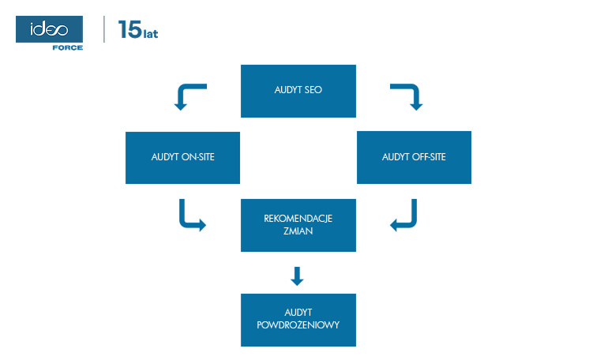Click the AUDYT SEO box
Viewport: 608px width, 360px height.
click(x=298, y=91)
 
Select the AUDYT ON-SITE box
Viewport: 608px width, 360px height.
click(x=182, y=157)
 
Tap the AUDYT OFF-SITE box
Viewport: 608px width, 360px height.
click(x=414, y=157)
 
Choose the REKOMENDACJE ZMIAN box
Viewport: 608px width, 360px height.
click(x=298, y=225)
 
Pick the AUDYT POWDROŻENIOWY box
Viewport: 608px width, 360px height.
click(x=298, y=320)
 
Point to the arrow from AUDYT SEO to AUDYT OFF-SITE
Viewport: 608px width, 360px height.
click(x=410, y=95)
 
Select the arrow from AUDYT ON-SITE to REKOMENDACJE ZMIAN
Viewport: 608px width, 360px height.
click(x=190, y=217)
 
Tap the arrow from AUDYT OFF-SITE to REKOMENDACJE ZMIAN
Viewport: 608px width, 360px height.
click(x=406, y=217)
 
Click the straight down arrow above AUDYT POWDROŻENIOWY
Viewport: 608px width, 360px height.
click(x=297, y=276)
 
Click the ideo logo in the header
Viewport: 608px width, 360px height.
click(x=48, y=30)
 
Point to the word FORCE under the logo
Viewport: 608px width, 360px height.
click(x=67, y=47)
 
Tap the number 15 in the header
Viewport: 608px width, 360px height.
click(x=129, y=31)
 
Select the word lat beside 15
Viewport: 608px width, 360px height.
click(x=151, y=34)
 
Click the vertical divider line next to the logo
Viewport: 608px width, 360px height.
click(x=105, y=29)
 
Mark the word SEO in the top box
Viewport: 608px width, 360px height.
click(x=313, y=91)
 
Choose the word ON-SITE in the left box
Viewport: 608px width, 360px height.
click(x=198, y=157)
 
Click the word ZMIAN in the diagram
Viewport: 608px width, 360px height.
click(x=298, y=232)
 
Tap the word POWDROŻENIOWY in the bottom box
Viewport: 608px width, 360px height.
click(x=298, y=325)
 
